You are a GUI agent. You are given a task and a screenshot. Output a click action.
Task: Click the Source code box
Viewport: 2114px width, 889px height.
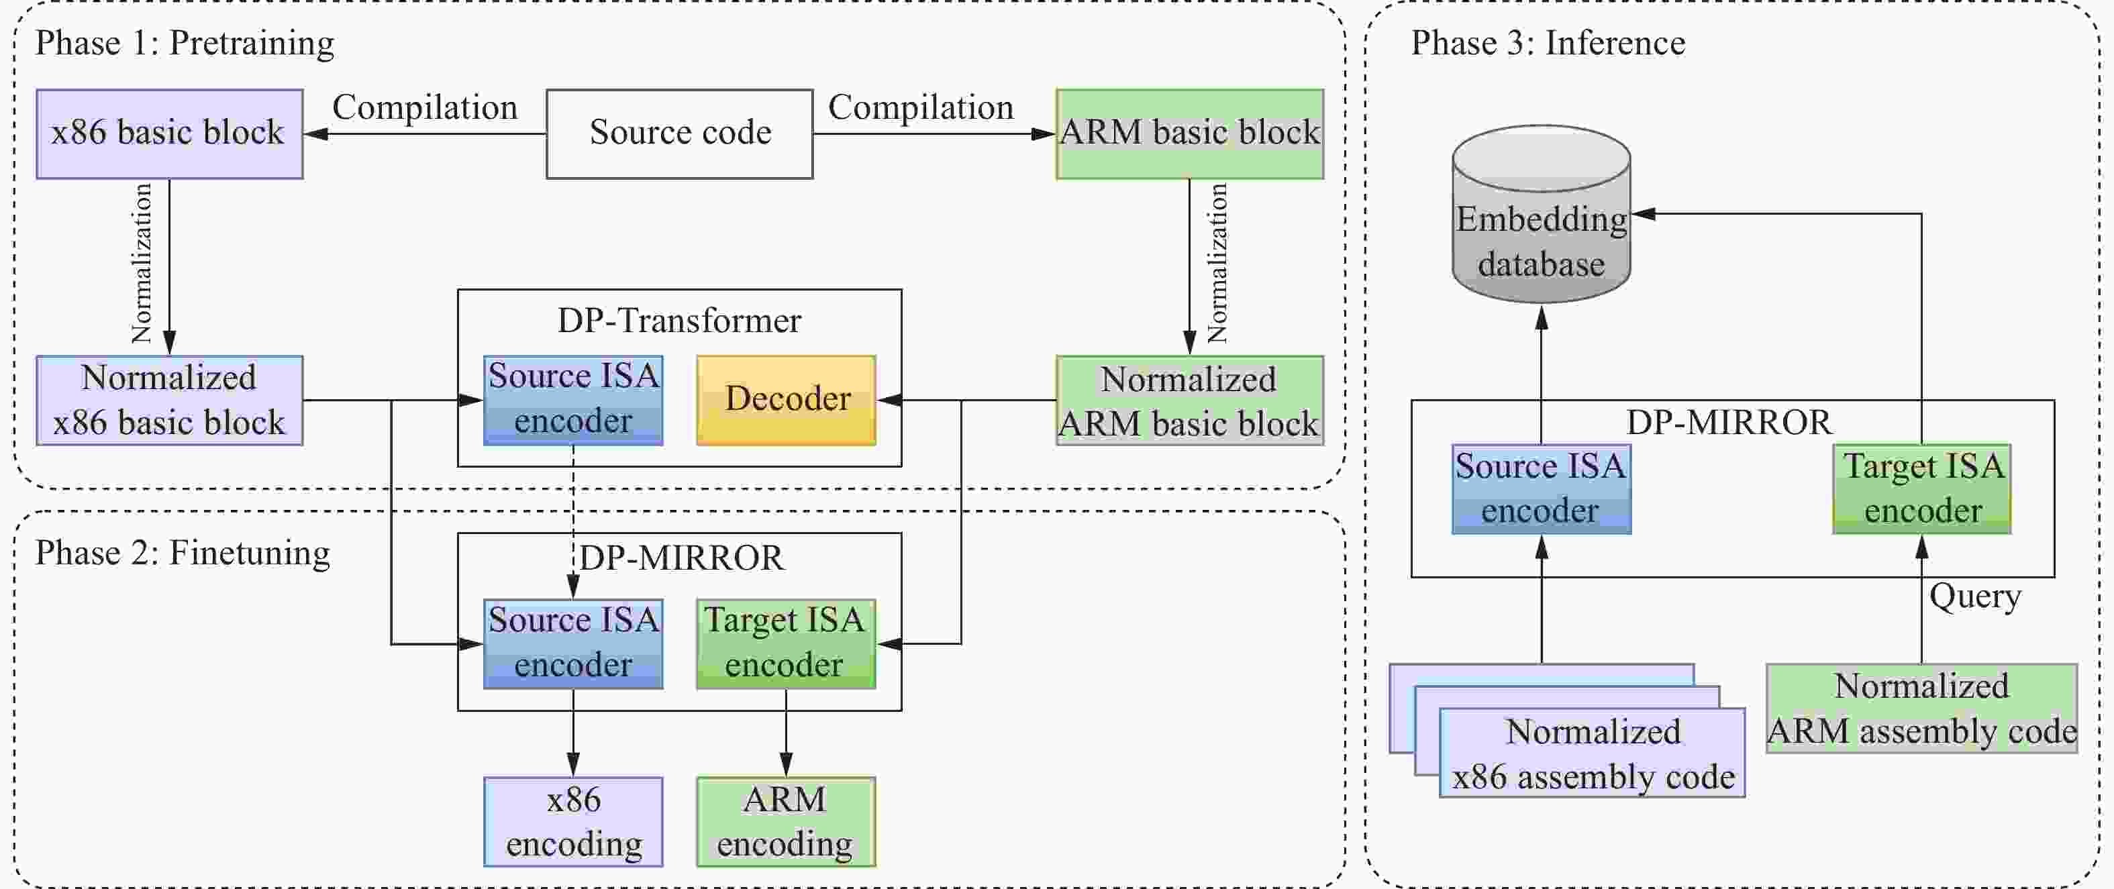[679, 134]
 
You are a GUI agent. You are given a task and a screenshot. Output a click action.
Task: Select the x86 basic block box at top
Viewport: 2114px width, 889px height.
[169, 134]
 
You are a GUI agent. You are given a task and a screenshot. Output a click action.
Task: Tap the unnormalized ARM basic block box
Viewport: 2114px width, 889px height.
[1189, 134]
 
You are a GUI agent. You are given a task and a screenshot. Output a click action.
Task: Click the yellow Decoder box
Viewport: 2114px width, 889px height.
[786, 400]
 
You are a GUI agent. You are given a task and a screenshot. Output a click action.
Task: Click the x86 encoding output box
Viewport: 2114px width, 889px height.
[573, 821]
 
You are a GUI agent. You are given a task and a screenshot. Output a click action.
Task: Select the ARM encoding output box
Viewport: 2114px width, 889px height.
[785, 821]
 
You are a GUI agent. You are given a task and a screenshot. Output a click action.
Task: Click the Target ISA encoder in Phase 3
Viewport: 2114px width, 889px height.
[1921, 489]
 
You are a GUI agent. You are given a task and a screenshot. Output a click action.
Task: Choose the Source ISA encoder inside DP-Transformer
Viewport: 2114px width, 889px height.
[573, 400]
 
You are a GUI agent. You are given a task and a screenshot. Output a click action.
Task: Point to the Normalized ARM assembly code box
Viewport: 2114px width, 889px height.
[1921, 709]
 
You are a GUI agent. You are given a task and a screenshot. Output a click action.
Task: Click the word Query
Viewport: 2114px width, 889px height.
[1974, 596]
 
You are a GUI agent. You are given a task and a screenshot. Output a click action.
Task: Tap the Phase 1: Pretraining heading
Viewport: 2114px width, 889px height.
[185, 43]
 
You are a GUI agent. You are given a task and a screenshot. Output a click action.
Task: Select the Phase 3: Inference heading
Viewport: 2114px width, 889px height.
[1548, 43]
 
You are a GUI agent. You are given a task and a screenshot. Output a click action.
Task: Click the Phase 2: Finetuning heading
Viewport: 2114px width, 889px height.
[182, 554]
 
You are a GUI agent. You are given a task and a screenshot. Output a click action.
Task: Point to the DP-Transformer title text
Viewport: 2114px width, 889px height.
[678, 321]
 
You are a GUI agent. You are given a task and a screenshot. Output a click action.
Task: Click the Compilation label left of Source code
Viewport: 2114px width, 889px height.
[424, 107]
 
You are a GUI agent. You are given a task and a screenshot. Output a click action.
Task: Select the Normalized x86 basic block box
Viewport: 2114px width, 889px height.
[169, 400]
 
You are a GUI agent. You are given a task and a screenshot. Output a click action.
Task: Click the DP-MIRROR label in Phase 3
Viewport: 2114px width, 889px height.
[1728, 422]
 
